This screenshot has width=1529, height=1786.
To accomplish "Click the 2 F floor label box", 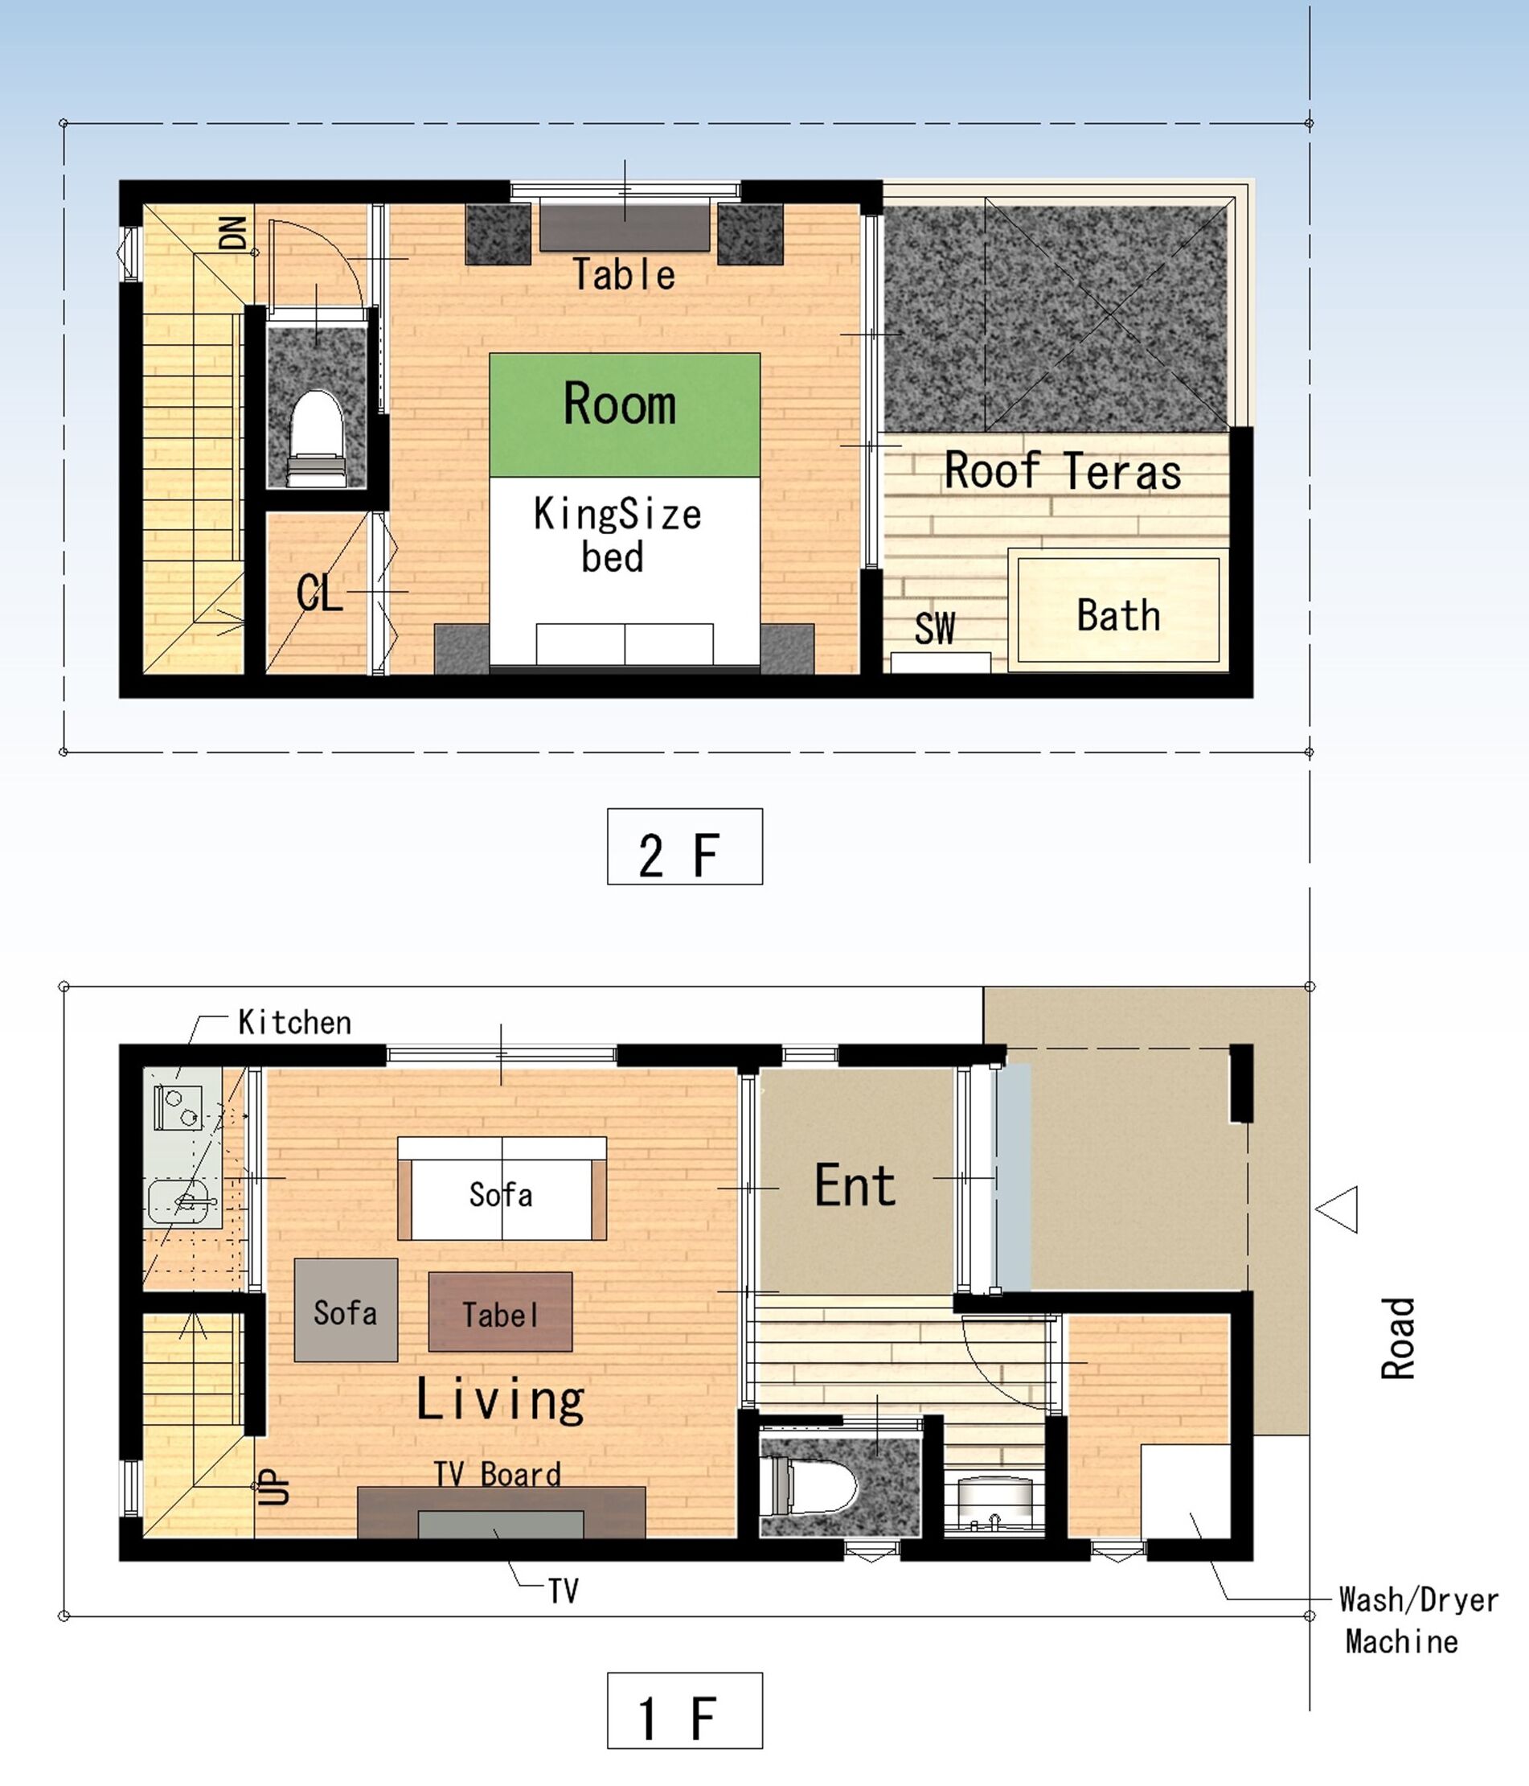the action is [684, 846].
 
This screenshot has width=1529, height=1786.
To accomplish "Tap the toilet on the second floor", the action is [316, 438].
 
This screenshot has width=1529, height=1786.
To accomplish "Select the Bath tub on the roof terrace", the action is [1119, 610].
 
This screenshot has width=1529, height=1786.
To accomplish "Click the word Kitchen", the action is [295, 1022].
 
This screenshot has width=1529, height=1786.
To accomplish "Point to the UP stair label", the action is [274, 1488].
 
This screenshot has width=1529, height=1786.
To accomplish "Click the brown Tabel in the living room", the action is [500, 1312].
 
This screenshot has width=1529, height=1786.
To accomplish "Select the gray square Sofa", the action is [346, 1310].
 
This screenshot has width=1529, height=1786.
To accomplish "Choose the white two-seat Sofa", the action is [502, 1189].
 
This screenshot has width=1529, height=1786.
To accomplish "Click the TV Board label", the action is [498, 1475].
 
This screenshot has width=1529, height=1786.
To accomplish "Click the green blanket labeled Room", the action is [625, 415].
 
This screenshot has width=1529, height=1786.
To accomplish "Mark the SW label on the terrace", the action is [934, 629].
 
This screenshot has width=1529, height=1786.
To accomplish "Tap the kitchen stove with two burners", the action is [178, 1107].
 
